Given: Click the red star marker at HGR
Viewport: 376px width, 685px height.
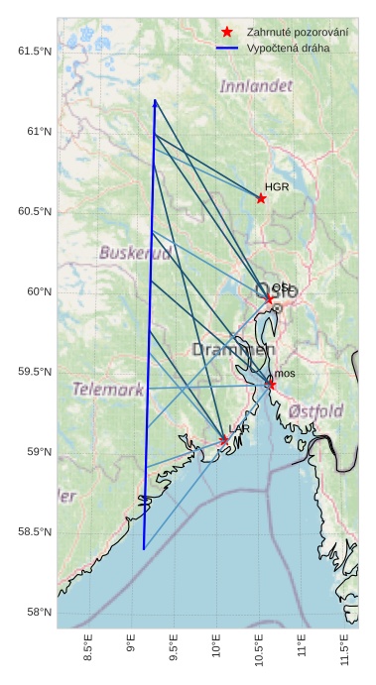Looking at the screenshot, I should pos(261,198).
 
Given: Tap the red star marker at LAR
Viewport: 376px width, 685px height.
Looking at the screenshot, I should pos(224,440).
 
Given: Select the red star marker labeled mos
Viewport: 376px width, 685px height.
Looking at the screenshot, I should pos(271,384).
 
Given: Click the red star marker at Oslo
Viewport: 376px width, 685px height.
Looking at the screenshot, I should pos(269,298).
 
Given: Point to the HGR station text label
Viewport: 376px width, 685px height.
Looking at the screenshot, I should pos(277,186).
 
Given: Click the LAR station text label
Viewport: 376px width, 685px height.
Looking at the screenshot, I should pos(239,428).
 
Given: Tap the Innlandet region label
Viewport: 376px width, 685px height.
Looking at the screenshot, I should pos(256,87).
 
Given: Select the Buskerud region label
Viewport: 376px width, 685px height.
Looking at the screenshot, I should pos(135,253).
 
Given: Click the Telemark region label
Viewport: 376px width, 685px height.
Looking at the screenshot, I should pos(108,390).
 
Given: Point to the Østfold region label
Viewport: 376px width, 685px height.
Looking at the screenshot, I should pos(316,411).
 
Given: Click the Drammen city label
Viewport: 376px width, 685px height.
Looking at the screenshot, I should pos(233,350).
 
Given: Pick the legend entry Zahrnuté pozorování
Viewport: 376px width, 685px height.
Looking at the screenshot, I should pos(297,33).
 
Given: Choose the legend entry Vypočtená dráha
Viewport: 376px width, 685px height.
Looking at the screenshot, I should pos(290,48).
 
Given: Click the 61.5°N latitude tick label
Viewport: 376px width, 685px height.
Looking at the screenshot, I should pos(34,51).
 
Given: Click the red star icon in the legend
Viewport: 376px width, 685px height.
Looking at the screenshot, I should pos(227,33).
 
